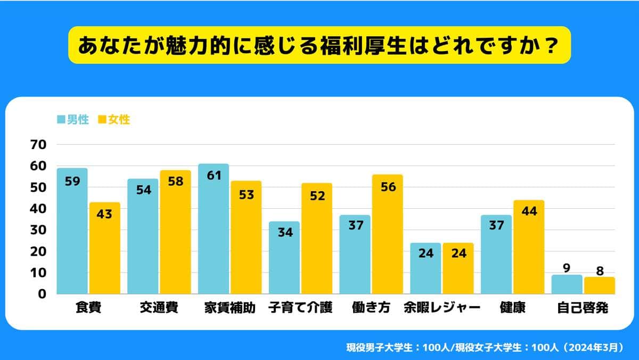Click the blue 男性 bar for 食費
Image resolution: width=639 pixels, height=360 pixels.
tap(72, 232)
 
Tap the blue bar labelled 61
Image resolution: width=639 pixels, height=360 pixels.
tap(213, 229)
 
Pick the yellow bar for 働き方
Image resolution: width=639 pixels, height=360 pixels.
tap(387, 234)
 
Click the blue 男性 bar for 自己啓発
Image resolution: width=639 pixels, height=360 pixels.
tap(567, 284)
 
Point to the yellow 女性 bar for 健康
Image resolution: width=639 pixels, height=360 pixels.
tap(528, 248)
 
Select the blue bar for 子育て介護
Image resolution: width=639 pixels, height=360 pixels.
tap(284, 258)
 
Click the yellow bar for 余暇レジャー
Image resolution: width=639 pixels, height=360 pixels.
tap(457, 268)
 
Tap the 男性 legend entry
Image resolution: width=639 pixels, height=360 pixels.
tap(73, 120)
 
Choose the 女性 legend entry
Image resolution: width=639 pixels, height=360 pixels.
tap(114, 120)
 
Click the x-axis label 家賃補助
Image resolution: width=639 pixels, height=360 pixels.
tap(230, 308)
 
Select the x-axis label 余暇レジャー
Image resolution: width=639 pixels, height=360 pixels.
tap(442, 308)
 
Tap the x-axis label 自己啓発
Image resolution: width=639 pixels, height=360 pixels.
tap(583, 308)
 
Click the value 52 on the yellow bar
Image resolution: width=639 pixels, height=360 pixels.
tap(317, 196)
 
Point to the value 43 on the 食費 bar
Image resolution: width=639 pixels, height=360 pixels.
tap(105, 215)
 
